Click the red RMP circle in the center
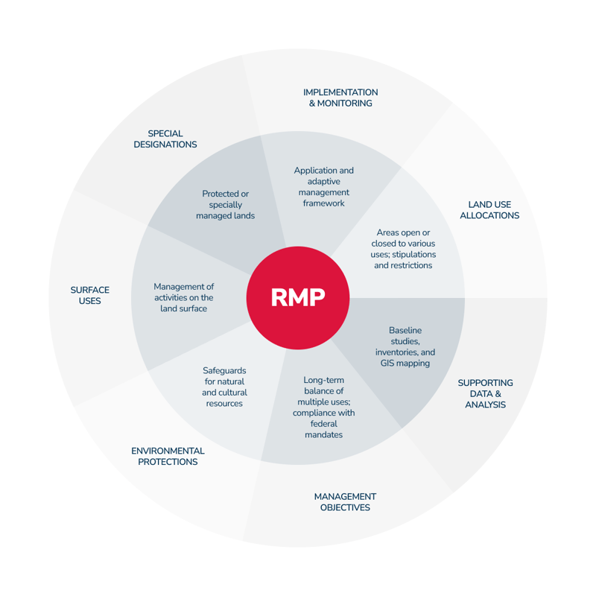[x=298, y=298]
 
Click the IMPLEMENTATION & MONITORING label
[x=340, y=98]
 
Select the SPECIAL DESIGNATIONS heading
[x=165, y=139]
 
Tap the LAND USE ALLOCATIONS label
[x=489, y=210]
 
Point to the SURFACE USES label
[x=90, y=295]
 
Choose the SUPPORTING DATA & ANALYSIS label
[x=485, y=393]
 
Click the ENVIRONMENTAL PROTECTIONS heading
[x=168, y=456]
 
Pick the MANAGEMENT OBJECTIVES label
[x=345, y=502]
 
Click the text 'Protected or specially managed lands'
[x=226, y=205]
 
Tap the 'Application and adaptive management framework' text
[x=324, y=186]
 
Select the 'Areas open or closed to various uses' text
[x=403, y=249]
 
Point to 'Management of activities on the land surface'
[x=183, y=297]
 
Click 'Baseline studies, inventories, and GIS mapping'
[x=405, y=346]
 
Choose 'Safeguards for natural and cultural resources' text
[x=224, y=387]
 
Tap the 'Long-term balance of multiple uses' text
[x=324, y=407]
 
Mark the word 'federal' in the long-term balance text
[x=324, y=424]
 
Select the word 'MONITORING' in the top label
[x=345, y=104]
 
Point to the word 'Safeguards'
[x=224, y=370]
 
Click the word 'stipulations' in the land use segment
[x=414, y=254]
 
